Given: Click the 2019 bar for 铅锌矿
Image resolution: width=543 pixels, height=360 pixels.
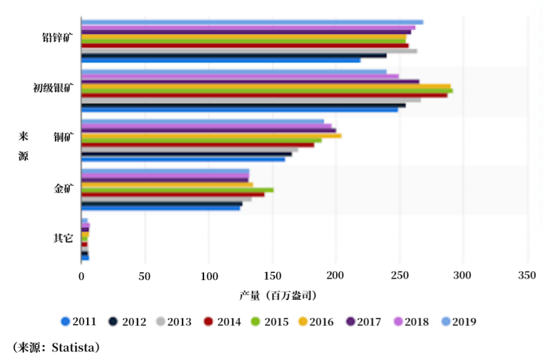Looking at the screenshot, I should point(252,22).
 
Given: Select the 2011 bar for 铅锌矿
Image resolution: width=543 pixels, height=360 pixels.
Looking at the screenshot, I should point(220,60).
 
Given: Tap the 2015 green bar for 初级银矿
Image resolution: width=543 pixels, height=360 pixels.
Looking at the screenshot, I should point(267,90).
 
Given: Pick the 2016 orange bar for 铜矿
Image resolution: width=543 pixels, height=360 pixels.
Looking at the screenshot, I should point(211,135).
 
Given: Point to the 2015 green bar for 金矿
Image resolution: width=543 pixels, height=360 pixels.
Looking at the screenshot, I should point(177,190).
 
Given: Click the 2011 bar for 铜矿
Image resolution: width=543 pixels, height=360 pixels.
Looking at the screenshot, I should point(183,160).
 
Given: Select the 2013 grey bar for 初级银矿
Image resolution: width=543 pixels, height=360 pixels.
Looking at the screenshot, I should point(251,100).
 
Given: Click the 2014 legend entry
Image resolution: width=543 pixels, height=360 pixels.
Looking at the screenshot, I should point(222,321).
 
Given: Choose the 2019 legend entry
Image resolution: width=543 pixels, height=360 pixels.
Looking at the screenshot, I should point(459,321).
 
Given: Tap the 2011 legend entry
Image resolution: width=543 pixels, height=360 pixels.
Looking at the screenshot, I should point(79,321).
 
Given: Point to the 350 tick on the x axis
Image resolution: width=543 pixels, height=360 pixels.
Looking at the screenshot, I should point(527,276).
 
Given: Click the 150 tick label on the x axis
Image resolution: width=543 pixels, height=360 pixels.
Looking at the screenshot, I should point(272,276).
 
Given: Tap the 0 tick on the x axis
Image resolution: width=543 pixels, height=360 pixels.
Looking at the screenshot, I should point(82,276).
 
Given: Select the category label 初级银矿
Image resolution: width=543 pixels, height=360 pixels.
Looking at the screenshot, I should point(53,87).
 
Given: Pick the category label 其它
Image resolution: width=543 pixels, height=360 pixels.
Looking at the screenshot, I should point(63,238).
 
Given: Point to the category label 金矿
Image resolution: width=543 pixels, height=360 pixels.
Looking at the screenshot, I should point(63,189).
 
